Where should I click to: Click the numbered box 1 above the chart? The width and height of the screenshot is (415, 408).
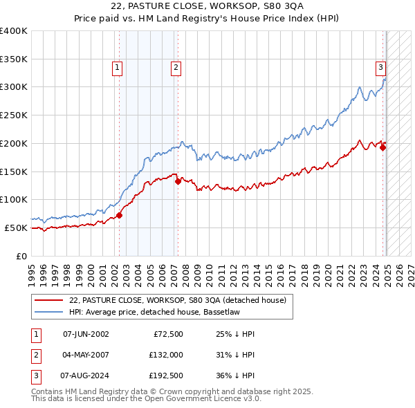117,68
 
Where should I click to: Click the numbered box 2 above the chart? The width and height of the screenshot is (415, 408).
176,68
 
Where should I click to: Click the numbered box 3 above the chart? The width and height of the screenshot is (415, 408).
381,68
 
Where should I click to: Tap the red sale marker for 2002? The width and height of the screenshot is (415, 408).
119,215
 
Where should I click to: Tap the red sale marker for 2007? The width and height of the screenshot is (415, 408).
178,182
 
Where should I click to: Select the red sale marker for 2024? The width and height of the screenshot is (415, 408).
383,147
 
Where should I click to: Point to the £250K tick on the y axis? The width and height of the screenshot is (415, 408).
14,115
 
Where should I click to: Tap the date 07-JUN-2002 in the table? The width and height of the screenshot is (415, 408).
86,334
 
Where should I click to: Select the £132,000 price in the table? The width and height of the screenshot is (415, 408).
166,355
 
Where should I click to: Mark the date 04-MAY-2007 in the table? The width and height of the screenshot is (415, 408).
86,355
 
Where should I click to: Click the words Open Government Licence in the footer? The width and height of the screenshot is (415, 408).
205,399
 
